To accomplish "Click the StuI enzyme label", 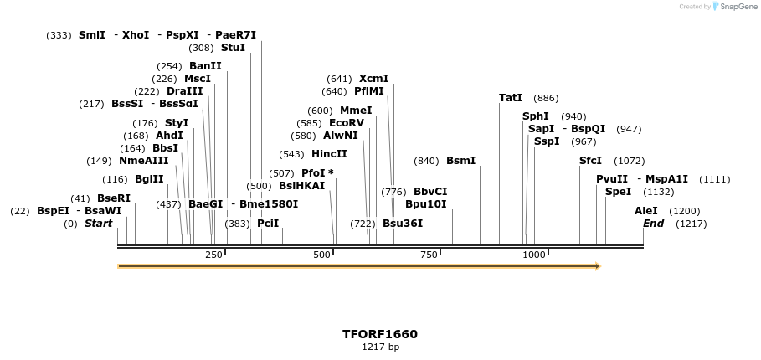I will click(233, 48).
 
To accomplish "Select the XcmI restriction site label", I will click(373, 79).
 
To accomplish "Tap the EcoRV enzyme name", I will click(346, 123).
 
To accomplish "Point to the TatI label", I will click(511, 98).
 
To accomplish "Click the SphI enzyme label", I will click(536, 116).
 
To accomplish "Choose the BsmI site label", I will click(460, 161).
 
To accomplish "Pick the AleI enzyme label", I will click(646, 211).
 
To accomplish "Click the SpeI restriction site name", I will click(618, 192).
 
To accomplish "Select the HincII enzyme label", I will click(329, 154).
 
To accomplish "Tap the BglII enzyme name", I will click(149, 179).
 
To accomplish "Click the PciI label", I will click(268, 224).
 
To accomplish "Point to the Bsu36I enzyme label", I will click(403, 224).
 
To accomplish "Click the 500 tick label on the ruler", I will click(322, 255).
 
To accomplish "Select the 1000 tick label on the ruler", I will click(534, 255).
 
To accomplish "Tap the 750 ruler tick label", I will click(429, 255).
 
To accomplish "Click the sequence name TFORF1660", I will click(380, 334).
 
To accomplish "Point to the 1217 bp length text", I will click(380, 347).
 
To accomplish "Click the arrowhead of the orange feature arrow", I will click(598, 266).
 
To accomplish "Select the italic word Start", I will click(98, 224).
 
